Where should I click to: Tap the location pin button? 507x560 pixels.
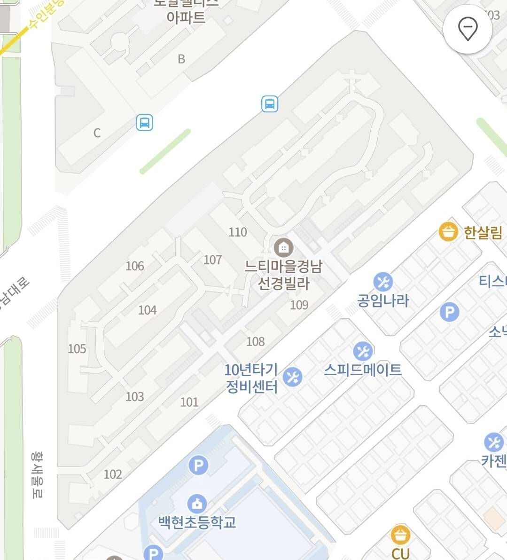pos(468,29)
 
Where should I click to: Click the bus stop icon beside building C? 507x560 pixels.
pos(145,123)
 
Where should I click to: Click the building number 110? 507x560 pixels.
pos(238,232)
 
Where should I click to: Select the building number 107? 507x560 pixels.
pos(213,260)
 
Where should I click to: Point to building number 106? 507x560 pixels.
pos(135,266)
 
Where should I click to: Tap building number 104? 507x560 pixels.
pos(147,310)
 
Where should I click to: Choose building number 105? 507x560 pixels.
pos(77,349)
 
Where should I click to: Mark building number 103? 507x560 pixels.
pos(135,397)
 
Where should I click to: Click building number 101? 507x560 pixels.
pos(189,402)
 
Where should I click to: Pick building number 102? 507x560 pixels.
pos(113,474)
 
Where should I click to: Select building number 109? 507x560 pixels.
pos(299,305)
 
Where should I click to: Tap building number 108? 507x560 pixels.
pos(256,341)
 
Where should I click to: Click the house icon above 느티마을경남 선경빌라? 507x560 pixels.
pos(283,247)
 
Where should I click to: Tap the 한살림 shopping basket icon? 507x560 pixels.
pos(448,232)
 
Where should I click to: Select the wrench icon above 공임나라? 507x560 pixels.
pos(383,282)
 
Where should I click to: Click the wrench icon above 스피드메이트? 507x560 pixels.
pos(363,351)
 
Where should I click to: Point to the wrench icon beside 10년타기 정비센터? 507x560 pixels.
pos(293,377)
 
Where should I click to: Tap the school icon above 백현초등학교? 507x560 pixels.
pos(197,504)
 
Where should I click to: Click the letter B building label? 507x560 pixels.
pos(181,59)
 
